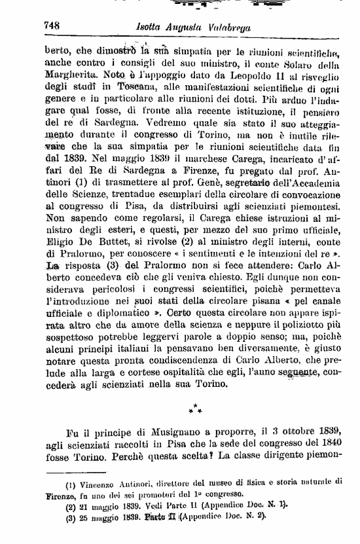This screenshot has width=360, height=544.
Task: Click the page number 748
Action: coord(52,26)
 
